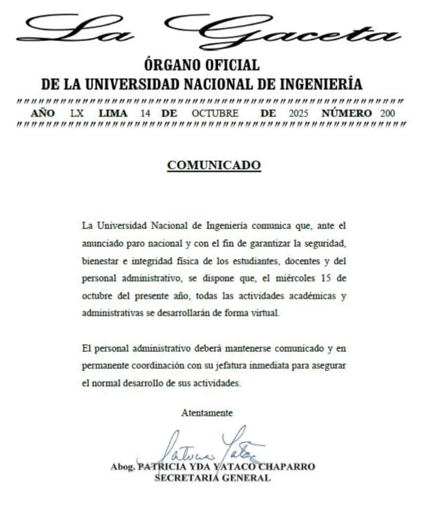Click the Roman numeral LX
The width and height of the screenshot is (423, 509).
point(77,112)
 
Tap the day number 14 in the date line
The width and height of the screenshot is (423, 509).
point(145,112)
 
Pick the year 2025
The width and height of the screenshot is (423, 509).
point(299,112)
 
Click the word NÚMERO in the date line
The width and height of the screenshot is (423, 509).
point(347,112)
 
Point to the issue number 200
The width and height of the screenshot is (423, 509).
point(388,112)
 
